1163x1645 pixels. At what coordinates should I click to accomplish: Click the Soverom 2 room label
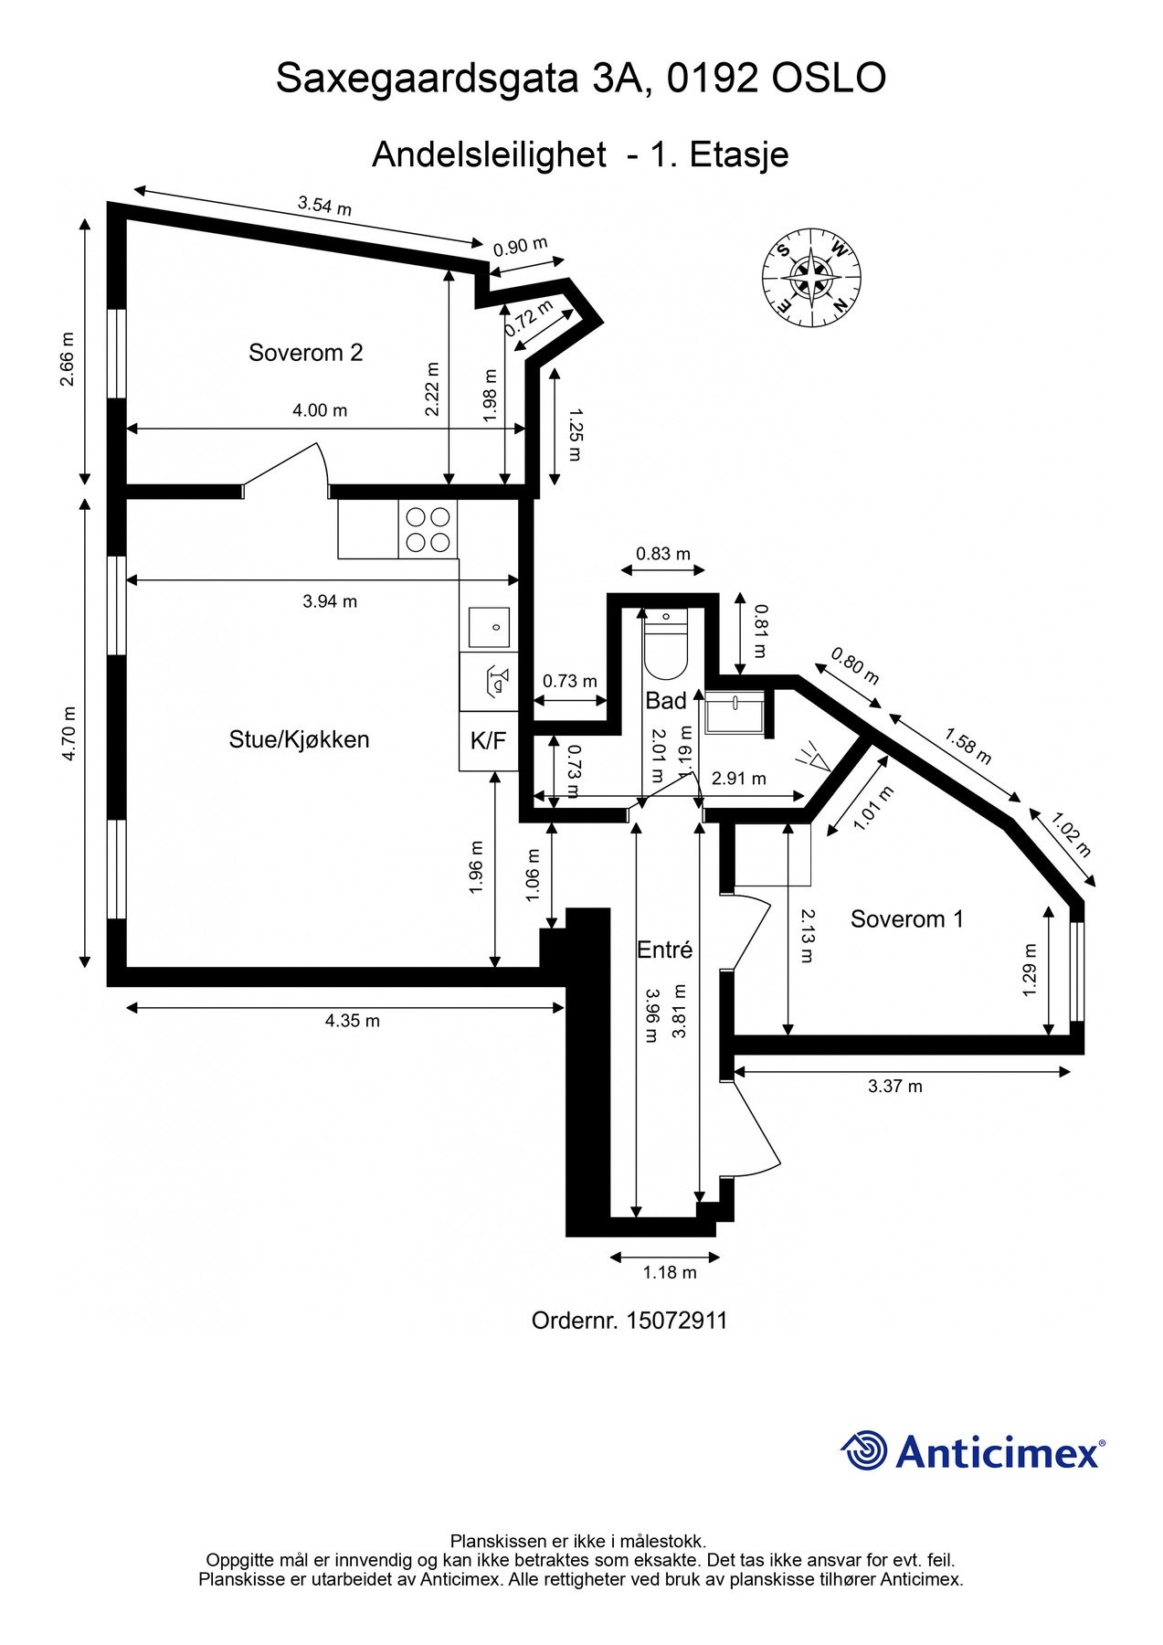pos(305,353)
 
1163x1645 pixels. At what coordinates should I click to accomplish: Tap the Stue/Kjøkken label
pos(299,739)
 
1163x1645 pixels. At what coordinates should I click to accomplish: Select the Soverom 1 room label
pos(906,918)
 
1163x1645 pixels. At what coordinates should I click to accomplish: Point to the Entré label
pos(664,950)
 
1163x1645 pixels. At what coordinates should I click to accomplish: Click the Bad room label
pos(665,701)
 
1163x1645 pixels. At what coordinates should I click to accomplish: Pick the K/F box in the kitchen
pos(488,741)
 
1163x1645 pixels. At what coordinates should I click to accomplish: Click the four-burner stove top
pos(428,530)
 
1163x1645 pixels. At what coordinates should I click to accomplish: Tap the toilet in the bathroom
pos(665,645)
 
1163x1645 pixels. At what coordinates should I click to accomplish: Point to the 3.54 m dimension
pos(324,206)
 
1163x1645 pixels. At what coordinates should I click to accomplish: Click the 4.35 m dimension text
pos(352,1021)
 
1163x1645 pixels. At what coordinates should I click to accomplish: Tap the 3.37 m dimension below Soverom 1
pos(894,1087)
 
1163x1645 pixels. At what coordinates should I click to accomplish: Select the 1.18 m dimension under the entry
pos(669,1272)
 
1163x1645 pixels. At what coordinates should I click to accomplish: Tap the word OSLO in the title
pos(829,80)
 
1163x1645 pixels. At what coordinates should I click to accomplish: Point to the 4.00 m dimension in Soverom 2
pos(320,410)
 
